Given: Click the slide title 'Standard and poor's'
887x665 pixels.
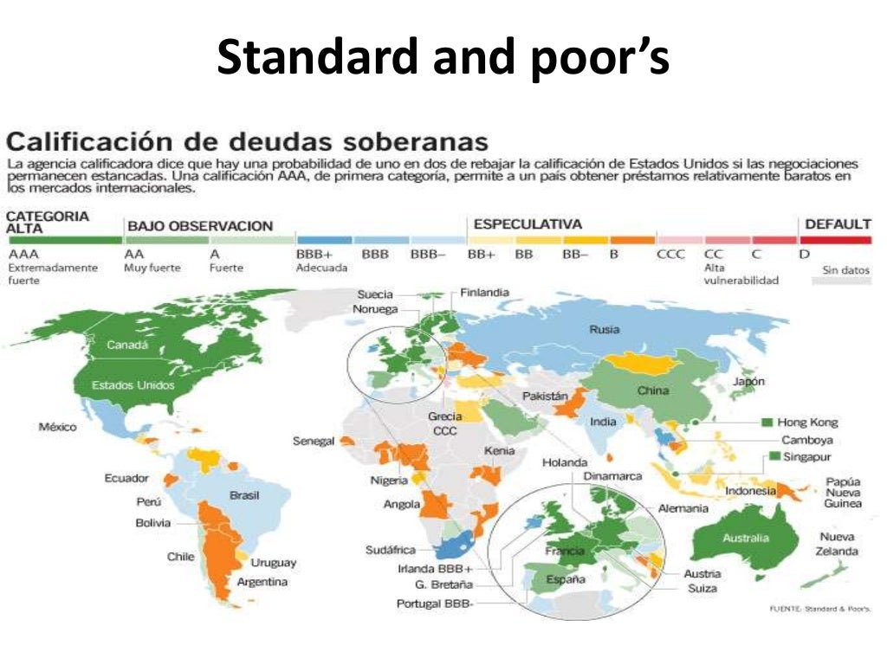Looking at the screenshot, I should point(443,59).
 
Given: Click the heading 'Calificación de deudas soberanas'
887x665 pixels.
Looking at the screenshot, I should point(248,141).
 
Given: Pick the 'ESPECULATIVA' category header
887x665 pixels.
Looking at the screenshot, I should point(527,224).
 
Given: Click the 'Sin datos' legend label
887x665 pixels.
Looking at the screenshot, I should point(845,270).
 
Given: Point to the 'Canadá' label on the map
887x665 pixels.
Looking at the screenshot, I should point(127,345).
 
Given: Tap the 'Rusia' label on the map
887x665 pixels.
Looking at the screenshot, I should point(604,329).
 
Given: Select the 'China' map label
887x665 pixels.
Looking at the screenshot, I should point(652,391).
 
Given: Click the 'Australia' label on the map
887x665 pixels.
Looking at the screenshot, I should point(745,538).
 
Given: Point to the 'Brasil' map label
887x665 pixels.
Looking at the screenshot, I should point(244,495).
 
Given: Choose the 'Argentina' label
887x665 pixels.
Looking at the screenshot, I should point(262,582).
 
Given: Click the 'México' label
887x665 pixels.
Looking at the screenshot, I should point(58,427).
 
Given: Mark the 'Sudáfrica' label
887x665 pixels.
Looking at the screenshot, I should point(391,550).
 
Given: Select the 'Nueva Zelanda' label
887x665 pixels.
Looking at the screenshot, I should point(837,544).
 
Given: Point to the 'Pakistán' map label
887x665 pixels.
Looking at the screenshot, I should point(545,396).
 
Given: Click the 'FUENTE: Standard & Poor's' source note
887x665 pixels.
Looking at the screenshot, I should point(819,609).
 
